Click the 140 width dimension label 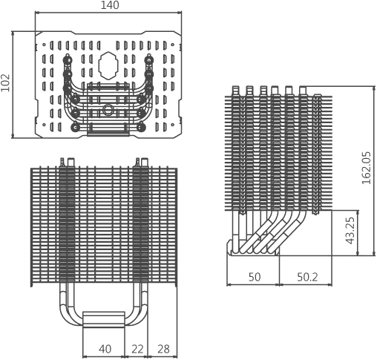(110, 5)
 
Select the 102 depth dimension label (5, 83)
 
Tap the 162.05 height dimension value (367, 168)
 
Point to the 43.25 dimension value (350, 231)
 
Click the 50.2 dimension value (307, 278)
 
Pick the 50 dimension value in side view (255, 278)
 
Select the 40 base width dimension (105, 349)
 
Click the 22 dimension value (137, 349)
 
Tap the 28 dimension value (164, 349)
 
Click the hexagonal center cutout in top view (108, 65)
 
